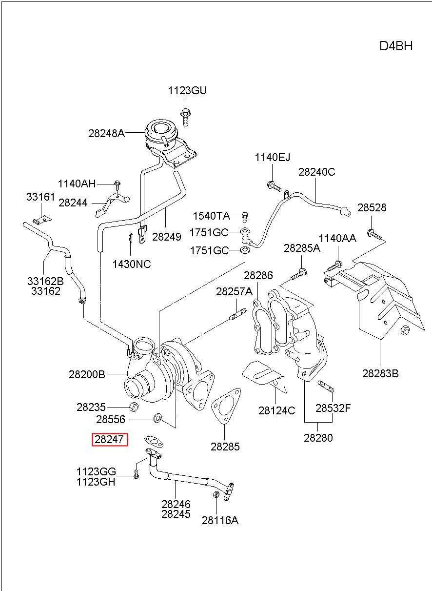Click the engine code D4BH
395,46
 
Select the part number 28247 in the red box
109,439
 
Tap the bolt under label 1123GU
186,117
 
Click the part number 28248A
106,133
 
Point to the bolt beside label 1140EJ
275,186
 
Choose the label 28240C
316,172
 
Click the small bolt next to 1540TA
245,217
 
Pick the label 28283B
380,374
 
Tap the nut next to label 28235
134,407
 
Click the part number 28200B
87,374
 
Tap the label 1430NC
132,264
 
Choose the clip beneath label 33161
42,220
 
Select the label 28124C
276,411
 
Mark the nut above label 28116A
216,494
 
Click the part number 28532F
333,408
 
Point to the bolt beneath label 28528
374,234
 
